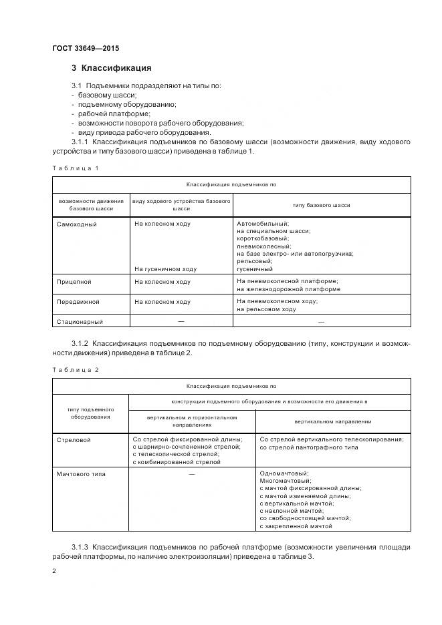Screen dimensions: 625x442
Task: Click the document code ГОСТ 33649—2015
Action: (x=85, y=48)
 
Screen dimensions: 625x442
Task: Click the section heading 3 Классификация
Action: (x=111, y=68)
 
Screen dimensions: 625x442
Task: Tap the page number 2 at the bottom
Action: (x=54, y=571)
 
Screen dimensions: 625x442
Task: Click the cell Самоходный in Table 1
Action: (x=77, y=224)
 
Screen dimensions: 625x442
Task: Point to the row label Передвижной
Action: (x=78, y=302)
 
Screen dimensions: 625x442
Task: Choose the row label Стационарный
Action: (x=80, y=322)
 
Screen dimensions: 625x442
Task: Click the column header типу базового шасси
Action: (x=321, y=205)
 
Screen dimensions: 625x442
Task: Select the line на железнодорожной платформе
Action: (x=288, y=289)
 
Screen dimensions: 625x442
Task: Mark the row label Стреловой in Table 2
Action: (x=74, y=440)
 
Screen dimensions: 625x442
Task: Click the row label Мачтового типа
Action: (x=82, y=474)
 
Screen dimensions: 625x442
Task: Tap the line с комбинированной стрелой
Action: (x=177, y=462)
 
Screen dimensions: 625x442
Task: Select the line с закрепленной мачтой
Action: (x=295, y=526)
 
